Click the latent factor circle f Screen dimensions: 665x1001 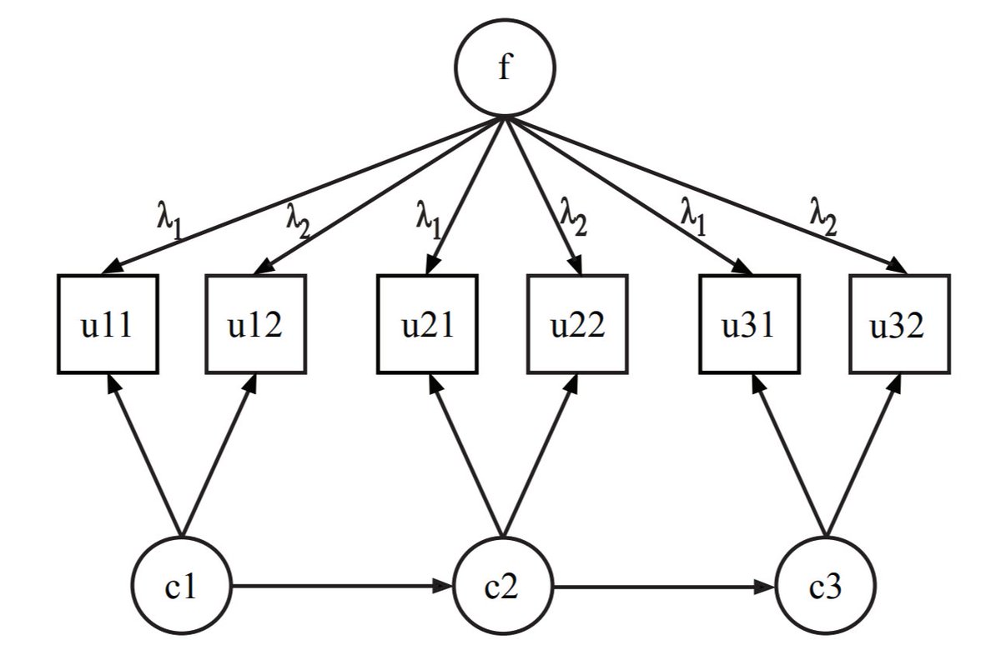pos(503,68)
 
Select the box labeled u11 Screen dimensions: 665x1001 pos(108,324)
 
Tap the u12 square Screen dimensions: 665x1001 pos(255,324)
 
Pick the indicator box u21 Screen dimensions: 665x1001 pos(427,324)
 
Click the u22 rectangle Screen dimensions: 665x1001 pos(576,324)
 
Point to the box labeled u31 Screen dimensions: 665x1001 pos(748,324)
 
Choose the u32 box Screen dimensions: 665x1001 pos(898,324)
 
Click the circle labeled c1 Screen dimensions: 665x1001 pos(181,587)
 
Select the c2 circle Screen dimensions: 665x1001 pos(503,587)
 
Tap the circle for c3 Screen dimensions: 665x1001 pos(826,587)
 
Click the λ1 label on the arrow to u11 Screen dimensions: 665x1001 pos(169,219)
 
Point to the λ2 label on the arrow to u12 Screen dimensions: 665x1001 pos(298,219)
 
